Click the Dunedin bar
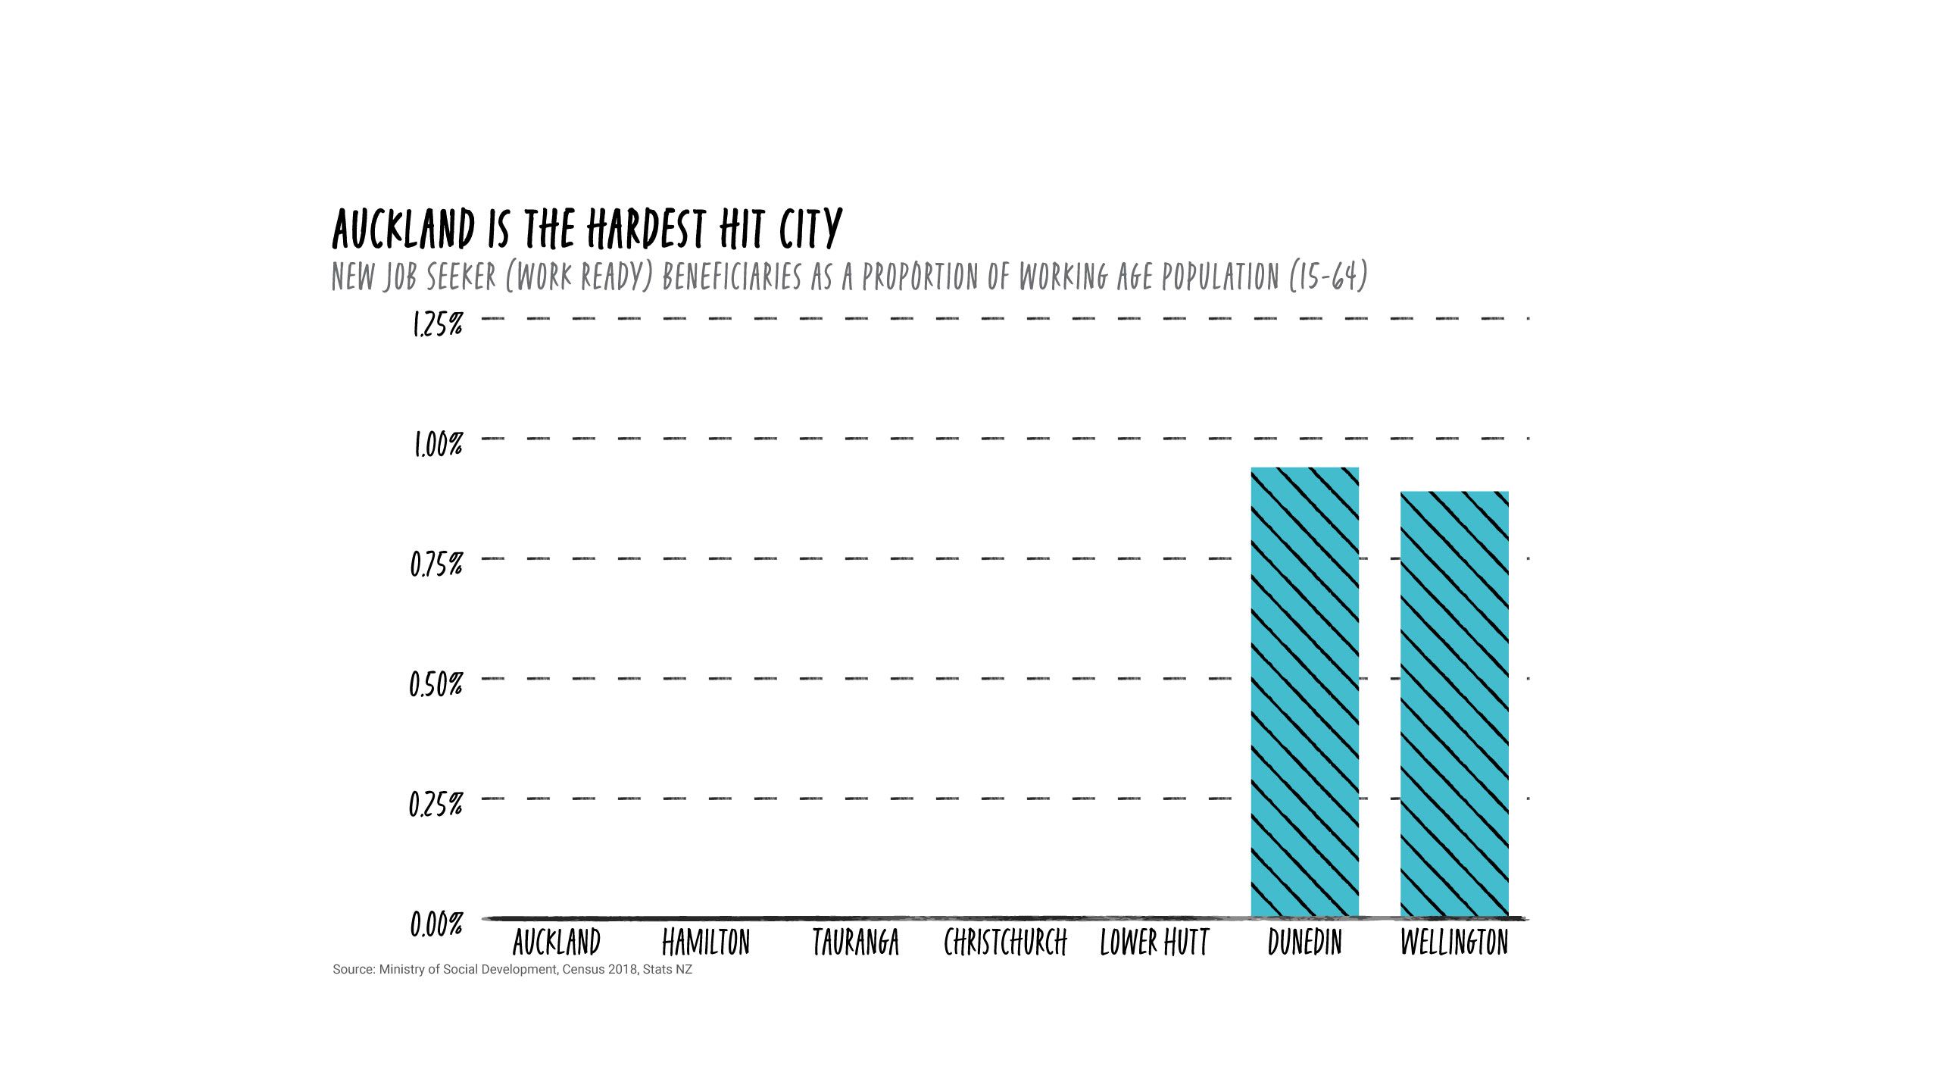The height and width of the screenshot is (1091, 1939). tap(1304, 692)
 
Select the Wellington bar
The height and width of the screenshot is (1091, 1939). tap(1454, 705)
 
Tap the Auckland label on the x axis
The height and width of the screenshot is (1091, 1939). tap(557, 943)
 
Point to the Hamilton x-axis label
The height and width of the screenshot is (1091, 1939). tap(706, 943)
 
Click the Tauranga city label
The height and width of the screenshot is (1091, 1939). tap(856, 943)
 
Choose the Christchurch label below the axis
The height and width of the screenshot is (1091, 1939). tap(1005, 943)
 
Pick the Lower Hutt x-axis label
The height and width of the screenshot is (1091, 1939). tap(1154, 943)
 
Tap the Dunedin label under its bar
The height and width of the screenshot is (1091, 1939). tap(1304, 943)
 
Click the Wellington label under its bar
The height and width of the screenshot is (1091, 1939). tap(1454, 943)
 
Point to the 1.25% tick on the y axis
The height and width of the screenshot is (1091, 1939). tap(437, 325)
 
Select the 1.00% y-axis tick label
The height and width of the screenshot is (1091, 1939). tap(437, 445)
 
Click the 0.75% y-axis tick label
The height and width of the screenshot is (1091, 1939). tap(436, 565)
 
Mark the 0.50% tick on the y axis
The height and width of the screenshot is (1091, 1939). tap(436, 685)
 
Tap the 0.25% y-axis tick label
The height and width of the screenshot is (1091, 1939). tap(436, 805)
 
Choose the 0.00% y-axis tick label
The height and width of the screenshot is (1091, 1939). tap(436, 925)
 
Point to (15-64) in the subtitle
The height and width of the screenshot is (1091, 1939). tap(1329, 277)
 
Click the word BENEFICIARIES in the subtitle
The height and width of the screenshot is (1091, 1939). tap(732, 277)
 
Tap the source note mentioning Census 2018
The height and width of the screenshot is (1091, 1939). tap(512, 970)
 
